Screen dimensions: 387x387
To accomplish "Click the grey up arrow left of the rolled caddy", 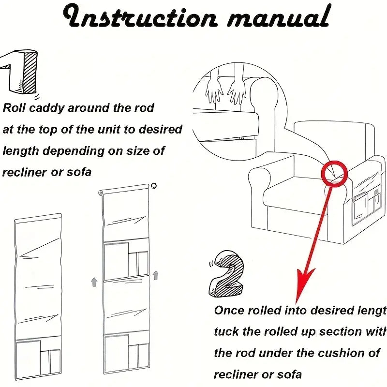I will (94, 282).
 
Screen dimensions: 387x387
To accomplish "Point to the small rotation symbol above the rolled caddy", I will (154, 185).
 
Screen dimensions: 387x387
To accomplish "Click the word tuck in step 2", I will (226, 331).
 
